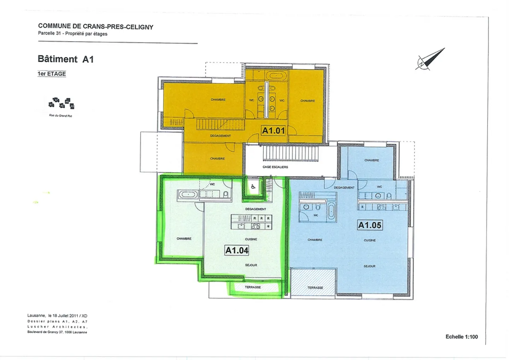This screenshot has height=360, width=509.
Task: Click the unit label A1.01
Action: (273, 130)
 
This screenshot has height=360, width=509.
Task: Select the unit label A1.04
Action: (237, 250)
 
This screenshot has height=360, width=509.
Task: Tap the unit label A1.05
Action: (370, 225)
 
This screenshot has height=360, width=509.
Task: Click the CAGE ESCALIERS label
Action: (275, 167)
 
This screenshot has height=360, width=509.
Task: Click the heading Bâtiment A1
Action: (66, 59)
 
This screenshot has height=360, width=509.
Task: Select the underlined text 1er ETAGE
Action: (52, 74)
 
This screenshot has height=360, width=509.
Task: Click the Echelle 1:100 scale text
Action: (461, 337)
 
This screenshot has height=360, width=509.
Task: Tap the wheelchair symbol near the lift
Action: (253, 187)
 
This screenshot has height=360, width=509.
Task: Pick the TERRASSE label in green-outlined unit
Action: (253, 287)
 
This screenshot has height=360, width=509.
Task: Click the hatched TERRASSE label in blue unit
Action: (315, 288)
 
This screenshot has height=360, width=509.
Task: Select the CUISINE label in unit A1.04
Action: (251, 239)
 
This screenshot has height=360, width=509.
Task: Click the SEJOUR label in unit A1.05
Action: (369, 266)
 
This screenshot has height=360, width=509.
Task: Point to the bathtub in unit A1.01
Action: (277, 75)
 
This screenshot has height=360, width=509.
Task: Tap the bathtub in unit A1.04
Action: (188, 194)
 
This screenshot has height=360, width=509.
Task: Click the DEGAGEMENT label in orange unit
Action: (220, 136)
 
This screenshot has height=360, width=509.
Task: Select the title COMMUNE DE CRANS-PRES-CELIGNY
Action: (95, 27)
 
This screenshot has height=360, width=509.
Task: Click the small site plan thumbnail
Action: (62, 104)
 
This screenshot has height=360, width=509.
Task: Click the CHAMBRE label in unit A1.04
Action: (184, 239)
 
